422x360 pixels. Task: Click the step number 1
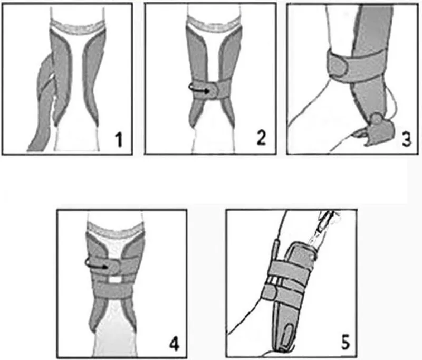pyautogui.click(x=119, y=140)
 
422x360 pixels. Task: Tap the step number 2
pyautogui.click(x=261, y=138)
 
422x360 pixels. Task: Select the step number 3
pyautogui.click(x=406, y=140)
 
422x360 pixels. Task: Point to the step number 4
pyautogui.click(x=174, y=344)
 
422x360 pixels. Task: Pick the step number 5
pyautogui.click(x=345, y=342)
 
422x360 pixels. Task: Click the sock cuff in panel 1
pyautogui.click(x=78, y=27)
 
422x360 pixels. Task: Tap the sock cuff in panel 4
pyautogui.click(x=116, y=228)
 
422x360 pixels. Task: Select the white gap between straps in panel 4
pyautogui.click(x=116, y=279)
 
